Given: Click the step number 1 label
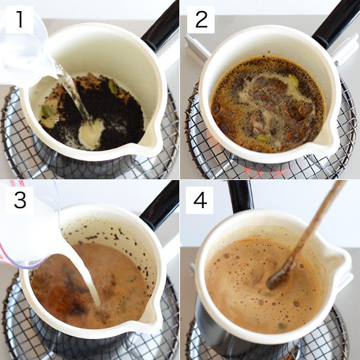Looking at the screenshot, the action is coord(20,20).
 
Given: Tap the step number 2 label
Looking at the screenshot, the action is coord(201,20).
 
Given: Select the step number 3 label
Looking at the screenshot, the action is coord(20,200).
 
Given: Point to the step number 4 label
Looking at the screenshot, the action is coord(200,200).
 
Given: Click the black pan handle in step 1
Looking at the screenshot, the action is coord(162,27).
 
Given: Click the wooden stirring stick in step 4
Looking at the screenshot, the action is coord(306,234).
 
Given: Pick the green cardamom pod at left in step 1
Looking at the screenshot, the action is coord(48,109).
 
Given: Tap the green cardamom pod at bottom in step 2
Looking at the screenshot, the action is coord(263,137).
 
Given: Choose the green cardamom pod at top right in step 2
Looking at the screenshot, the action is coord(293,81).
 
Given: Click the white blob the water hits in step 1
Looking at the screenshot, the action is coord(92,134).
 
